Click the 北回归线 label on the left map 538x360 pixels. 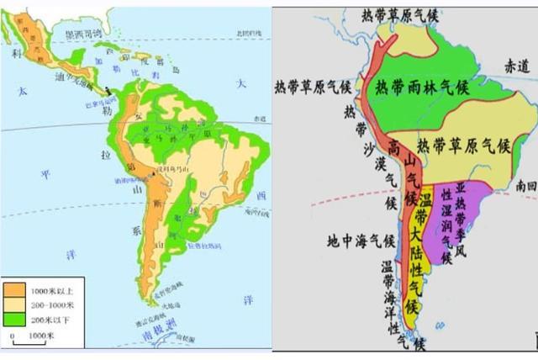point(250,33)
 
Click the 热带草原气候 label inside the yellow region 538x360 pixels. point(464,145)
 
